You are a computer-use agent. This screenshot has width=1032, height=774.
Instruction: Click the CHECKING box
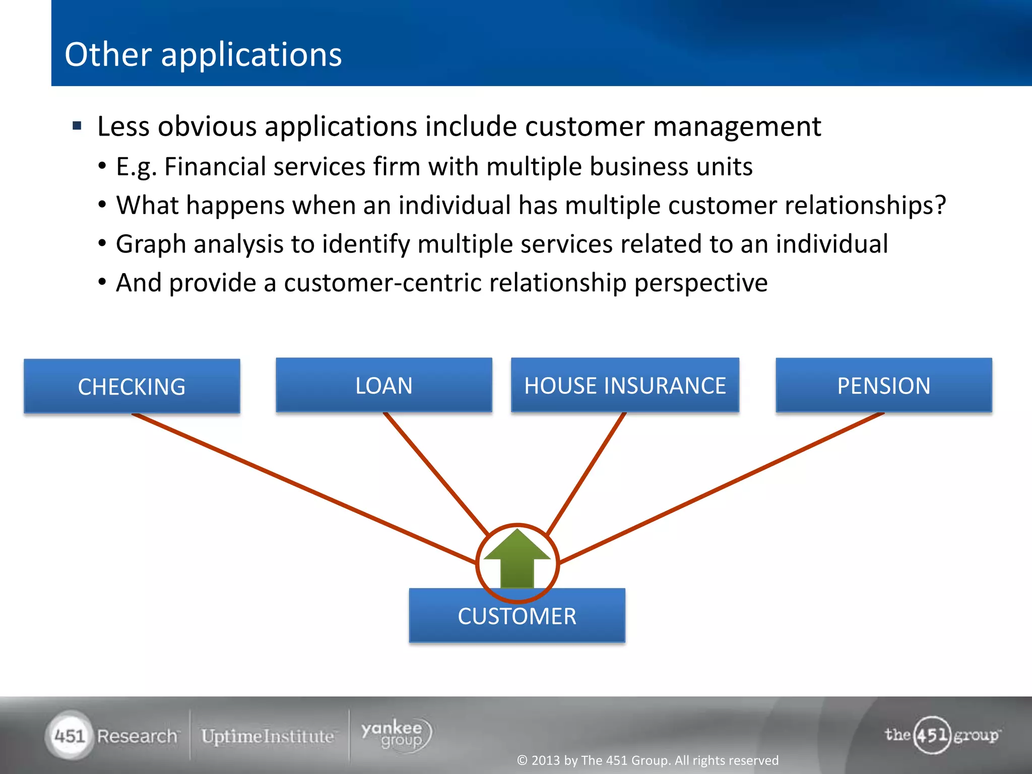[132, 386]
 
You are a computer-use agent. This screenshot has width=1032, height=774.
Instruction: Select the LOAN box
[383, 385]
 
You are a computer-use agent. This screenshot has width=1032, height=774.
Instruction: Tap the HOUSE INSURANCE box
[625, 385]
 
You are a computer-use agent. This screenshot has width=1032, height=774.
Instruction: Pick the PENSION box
[883, 385]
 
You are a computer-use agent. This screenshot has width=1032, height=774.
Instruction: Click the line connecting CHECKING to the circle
[302, 488]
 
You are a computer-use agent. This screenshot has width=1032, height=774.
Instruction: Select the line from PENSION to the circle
[721, 488]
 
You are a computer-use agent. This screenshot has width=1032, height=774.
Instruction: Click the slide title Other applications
[203, 54]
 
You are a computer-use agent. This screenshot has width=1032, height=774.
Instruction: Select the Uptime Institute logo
[268, 736]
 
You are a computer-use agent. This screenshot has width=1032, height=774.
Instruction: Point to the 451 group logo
[941, 735]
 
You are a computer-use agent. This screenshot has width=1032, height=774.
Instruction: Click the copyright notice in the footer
[648, 760]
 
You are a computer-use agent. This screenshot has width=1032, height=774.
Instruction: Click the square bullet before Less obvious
[77, 125]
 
